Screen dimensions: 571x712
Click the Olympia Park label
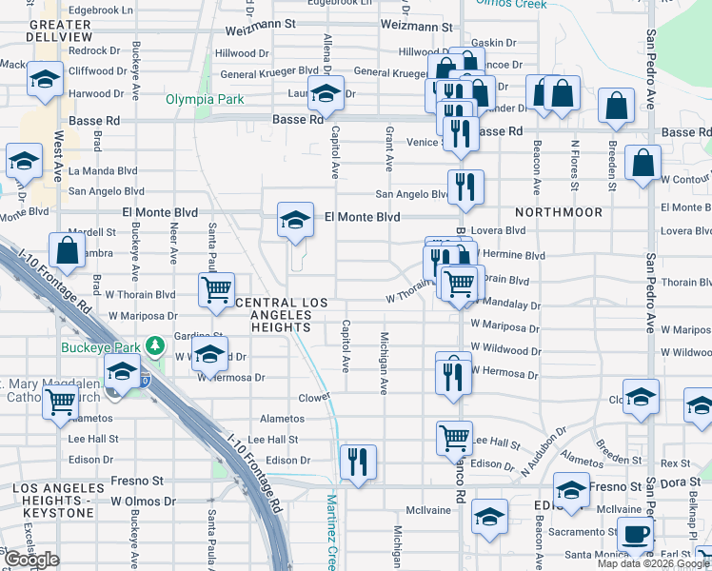(x=205, y=99)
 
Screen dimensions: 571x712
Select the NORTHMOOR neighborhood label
(x=560, y=212)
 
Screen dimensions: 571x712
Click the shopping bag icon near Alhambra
(x=68, y=252)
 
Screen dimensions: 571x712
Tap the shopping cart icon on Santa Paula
(x=217, y=289)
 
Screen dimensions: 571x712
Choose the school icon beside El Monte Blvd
(x=296, y=221)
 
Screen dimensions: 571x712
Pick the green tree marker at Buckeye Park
(x=152, y=345)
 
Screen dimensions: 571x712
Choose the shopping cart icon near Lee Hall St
(x=454, y=439)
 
